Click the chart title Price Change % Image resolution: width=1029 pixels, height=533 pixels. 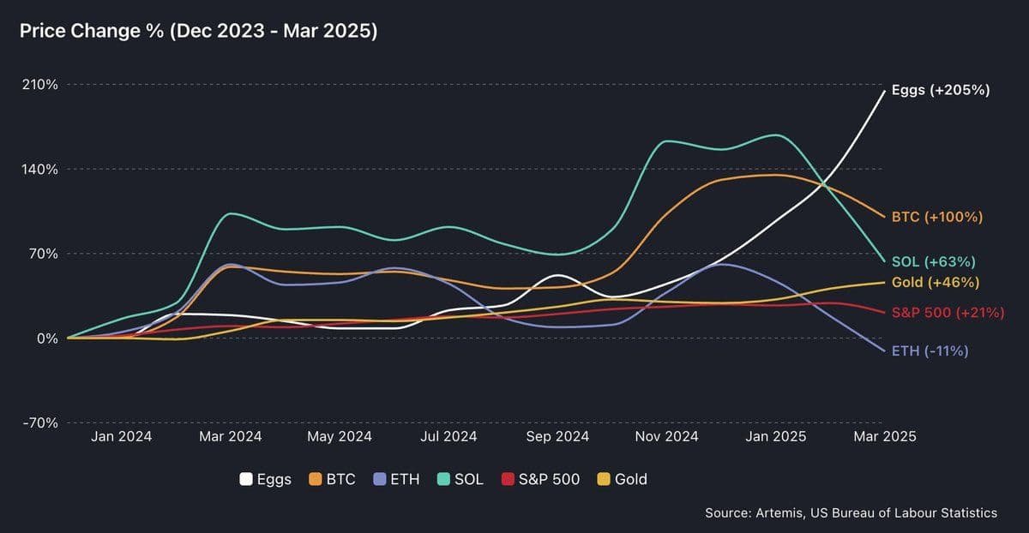click(198, 32)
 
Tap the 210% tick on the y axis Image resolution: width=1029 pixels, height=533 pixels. click(39, 85)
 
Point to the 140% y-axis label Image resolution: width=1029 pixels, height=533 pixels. click(39, 169)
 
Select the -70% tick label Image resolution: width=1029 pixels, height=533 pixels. click(39, 422)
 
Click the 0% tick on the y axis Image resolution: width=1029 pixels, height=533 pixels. click(46, 338)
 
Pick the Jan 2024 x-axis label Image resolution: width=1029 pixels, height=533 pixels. click(121, 436)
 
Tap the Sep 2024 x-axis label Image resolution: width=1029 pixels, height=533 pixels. click(557, 436)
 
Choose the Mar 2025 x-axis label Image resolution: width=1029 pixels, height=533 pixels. click(884, 436)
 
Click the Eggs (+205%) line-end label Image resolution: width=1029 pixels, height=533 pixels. click(941, 90)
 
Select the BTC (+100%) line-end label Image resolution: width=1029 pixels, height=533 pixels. click(936, 217)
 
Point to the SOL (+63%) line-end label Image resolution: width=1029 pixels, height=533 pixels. click(933, 261)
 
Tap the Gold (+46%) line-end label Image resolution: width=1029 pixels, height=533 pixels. click(935, 283)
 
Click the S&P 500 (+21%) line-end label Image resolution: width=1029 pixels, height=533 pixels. click(948, 313)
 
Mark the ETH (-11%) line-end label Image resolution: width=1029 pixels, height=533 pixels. click(930, 350)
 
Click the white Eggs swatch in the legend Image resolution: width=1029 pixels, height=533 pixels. click(246, 479)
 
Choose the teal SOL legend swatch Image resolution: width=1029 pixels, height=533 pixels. click(444, 479)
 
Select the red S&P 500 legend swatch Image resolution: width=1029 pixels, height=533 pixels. click(508, 479)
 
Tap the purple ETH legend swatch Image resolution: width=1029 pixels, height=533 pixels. click(380, 479)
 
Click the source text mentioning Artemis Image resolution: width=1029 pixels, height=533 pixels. click(851, 512)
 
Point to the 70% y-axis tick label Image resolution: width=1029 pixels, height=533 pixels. click(42, 254)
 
